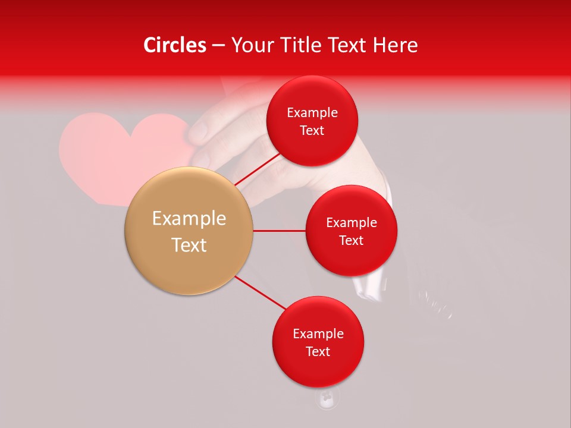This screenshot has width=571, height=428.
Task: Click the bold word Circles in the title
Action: pyautogui.click(x=175, y=45)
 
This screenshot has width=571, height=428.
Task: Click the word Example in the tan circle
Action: pyautogui.click(x=189, y=219)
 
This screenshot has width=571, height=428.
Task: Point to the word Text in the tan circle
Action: pyautogui.click(x=189, y=245)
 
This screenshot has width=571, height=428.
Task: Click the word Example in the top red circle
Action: pyautogui.click(x=312, y=113)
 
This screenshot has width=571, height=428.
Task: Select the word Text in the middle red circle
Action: pyautogui.click(x=352, y=241)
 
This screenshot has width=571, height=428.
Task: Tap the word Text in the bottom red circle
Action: pyautogui.click(x=318, y=352)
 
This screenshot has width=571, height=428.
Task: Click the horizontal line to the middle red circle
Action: pyautogui.click(x=279, y=231)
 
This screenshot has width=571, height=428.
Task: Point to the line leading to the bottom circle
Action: pyautogui.click(x=260, y=292)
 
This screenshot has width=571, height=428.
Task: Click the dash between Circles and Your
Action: pyautogui.click(x=218, y=46)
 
